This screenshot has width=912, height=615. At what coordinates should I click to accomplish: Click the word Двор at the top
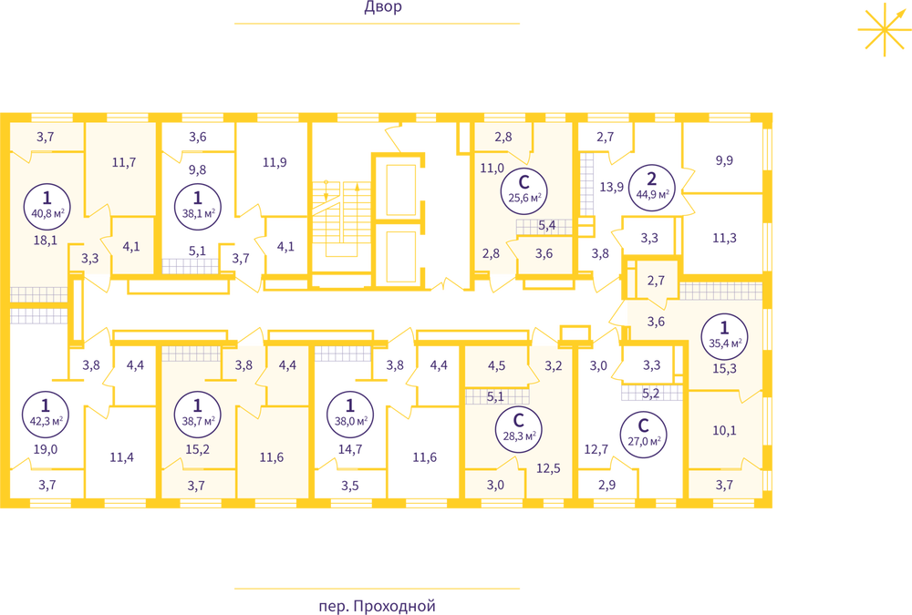click(x=383, y=7)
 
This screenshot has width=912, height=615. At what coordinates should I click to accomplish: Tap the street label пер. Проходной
click(x=377, y=606)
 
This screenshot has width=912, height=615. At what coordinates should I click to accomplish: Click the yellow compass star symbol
click(x=885, y=29)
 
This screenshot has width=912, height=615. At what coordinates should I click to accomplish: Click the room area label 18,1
click(x=46, y=240)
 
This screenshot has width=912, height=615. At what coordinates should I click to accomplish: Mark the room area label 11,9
click(x=275, y=162)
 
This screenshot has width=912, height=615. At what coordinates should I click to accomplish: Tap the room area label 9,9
click(x=724, y=160)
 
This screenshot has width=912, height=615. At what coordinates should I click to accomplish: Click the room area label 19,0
click(x=46, y=449)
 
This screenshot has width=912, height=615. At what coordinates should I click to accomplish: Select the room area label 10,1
click(x=724, y=430)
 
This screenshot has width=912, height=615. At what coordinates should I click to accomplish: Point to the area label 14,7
click(x=350, y=449)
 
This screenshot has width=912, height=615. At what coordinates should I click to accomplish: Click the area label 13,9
click(x=612, y=187)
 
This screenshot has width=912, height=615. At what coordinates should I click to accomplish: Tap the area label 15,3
click(x=724, y=368)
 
